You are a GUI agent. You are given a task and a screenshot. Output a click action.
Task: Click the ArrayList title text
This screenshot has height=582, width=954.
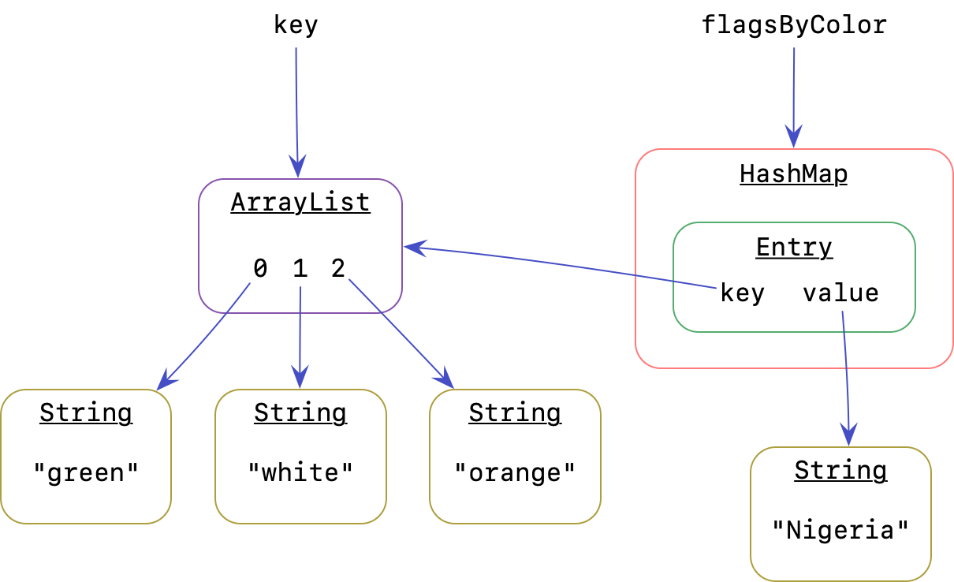[300, 203]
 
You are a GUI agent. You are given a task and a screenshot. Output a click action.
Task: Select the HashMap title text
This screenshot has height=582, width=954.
[793, 173]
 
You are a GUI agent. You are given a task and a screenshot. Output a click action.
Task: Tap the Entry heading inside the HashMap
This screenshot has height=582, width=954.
[794, 248]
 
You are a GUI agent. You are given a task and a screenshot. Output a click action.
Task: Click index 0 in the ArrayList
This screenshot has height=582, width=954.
[260, 270]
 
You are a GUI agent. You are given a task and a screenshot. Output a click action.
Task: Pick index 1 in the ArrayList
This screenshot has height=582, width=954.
[300, 270]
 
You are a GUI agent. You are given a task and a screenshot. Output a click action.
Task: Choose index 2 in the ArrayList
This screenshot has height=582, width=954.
[338, 270]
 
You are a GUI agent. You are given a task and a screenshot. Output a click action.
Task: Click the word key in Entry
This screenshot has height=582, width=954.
[742, 293]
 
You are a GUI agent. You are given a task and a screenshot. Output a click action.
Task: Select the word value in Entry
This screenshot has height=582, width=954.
[840, 293]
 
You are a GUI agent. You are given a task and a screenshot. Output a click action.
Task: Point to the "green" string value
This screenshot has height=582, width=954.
[86, 473]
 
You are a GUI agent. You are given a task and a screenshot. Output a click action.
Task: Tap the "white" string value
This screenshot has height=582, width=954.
[300, 473]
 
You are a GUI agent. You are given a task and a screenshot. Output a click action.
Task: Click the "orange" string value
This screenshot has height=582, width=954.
[515, 473]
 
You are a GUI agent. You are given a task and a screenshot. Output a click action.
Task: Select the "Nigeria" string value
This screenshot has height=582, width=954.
[840, 529]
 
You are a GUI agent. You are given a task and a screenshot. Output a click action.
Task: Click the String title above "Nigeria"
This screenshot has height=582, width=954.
[840, 471]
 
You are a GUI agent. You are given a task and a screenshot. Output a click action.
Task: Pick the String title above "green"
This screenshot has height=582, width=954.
[86, 413]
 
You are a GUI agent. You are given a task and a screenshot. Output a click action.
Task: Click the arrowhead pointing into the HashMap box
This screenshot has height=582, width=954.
[793, 137]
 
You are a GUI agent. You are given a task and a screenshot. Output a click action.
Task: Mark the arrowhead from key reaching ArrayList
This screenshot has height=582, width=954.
[414, 248]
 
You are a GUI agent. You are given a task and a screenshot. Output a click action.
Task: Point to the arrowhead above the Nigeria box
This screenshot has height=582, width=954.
[848, 435]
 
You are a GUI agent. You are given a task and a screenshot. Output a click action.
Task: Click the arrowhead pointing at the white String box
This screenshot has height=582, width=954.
[300, 378]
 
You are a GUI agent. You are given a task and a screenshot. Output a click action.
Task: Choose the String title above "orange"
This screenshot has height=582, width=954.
[515, 413]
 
